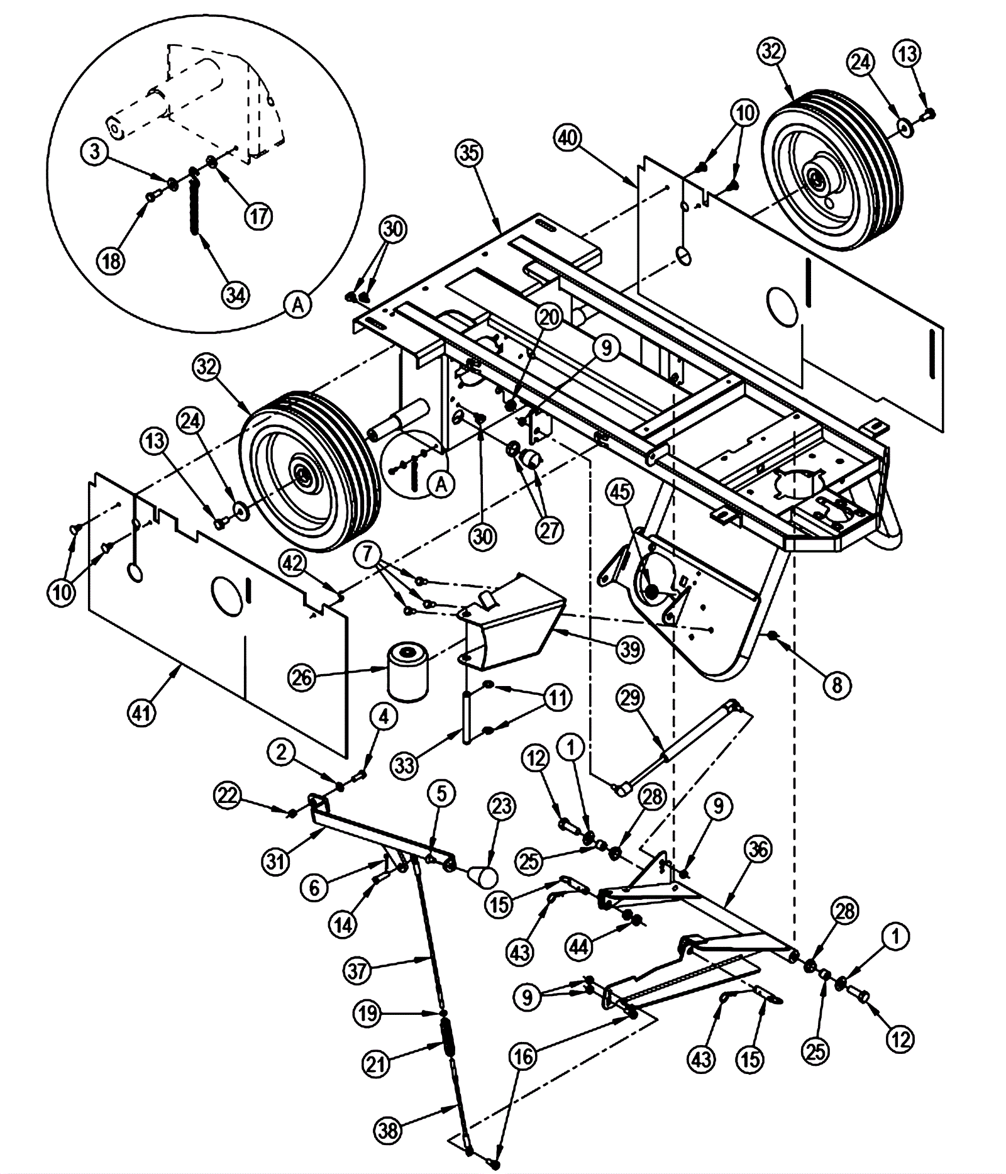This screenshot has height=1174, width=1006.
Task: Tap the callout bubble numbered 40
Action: tap(568, 138)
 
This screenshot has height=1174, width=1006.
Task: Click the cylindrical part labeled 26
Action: tap(407, 671)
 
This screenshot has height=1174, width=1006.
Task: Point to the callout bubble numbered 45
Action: tap(620, 492)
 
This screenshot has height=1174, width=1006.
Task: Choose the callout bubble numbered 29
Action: tap(630, 697)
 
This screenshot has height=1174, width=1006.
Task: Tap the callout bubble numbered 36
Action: tap(758, 850)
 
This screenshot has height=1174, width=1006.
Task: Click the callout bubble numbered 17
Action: tap(258, 216)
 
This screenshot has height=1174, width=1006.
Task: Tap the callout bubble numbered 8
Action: tap(836, 684)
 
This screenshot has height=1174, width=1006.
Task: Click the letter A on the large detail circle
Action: tap(298, 304)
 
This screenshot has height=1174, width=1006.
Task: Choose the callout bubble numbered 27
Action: tap(549, 530)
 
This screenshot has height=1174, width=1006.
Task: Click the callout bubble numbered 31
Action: tap(275, 861)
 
